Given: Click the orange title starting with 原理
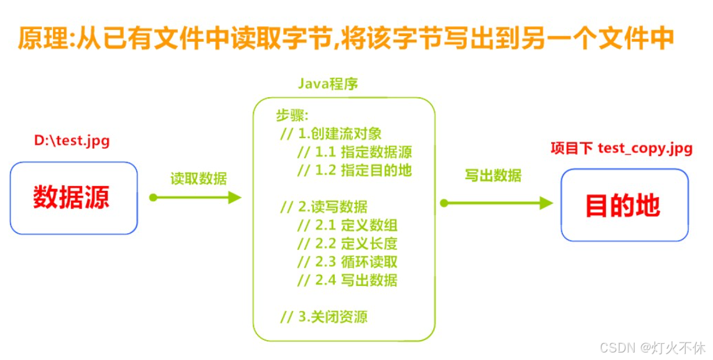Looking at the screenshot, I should click(x=345, y=37).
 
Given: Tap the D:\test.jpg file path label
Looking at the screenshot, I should click(x=72, y=141).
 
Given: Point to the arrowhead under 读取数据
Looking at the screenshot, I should click(x=235, y=198).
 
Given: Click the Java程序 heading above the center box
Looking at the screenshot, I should click(x=328, y=83).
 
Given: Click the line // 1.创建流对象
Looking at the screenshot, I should click(x=331, y=134).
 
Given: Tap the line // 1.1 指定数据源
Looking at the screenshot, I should click(x=355, y=152).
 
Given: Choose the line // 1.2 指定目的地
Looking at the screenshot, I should click(x=355, y=170).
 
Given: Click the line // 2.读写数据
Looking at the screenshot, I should click(x=324, y=207).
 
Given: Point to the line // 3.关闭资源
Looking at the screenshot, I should click(x=324, y=316).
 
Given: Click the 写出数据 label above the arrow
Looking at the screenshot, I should click(x=493, y=176).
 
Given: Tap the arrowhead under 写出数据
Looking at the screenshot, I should click(x=546, y=203).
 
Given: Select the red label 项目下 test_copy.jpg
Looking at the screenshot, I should click(x=622, y=149).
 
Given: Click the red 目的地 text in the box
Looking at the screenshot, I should click(x=623, y=205).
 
